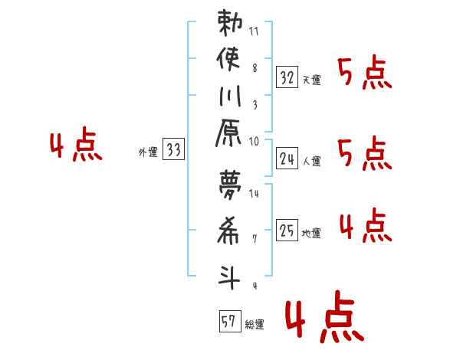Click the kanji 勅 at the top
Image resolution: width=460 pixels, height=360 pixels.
click(230, 22)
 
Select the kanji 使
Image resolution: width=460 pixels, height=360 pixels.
click(228, 59)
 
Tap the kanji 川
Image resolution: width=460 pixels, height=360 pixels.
click(230, 96)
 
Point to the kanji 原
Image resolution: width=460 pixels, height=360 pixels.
click(228, 133)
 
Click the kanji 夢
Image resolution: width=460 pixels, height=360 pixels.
click(230, 185)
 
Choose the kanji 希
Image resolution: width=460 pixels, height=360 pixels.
click(228, 231)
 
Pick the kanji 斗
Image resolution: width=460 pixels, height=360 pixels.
click(229, 277)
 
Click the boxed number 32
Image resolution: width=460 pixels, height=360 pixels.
click(287, 77)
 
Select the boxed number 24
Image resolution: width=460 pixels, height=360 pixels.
click(287, 159)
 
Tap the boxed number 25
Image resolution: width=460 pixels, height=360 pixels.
click(287, 230)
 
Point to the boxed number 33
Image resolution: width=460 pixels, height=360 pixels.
click(173, 149)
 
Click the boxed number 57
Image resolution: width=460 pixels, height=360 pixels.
click(230, 321)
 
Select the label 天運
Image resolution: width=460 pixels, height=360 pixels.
click(312, 80)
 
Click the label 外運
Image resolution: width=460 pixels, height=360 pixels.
click(148, 152)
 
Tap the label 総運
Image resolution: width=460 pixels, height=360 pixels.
click(255, 324)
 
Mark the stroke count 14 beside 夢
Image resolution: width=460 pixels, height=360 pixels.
click(254, 194)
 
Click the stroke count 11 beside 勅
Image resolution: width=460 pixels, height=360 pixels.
click(254, 31)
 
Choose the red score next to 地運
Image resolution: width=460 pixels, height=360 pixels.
click(366, 225)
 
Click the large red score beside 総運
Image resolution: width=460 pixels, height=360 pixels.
click(325, 316)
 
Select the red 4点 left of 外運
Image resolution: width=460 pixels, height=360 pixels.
click(76, 144)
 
